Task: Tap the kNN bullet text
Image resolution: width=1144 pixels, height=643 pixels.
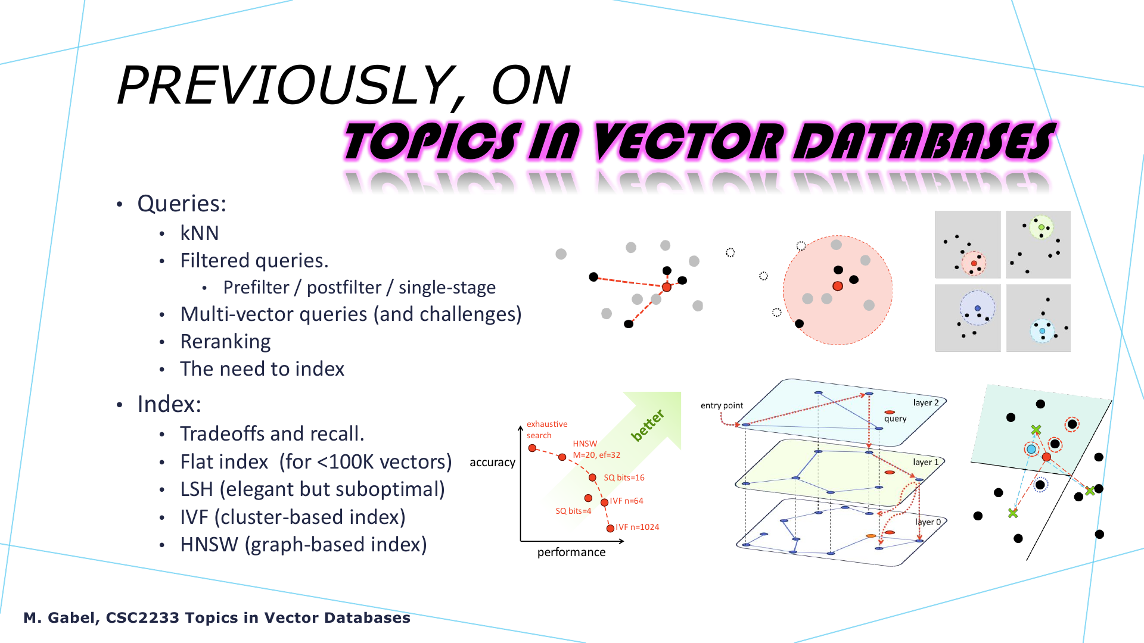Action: pyautogui.click(x=200, y=233)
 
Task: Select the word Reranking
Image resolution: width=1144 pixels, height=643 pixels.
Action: pyautogui.click(x=225, y=342)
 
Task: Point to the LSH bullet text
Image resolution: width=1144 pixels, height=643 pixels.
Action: pyautogui.click(x=312, y=489)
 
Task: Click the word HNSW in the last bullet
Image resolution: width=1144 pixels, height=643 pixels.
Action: pyautogui.click(x=209, y=545)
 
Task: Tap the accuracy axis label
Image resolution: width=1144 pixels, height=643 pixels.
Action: pyautogui.click(x=492, y=463)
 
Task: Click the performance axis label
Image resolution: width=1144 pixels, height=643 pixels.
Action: pyautogui.click(x=571, y=553)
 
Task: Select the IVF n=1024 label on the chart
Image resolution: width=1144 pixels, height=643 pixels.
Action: pyautogui.click(x=637, y=527)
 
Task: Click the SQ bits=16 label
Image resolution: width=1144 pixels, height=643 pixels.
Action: pyautogui.click(x=624, y=477)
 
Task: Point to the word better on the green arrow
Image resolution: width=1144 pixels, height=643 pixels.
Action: pyautogui.click(x=648, y=425)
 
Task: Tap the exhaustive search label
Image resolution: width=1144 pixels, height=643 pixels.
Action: pyautogui.click(x=546, y=429)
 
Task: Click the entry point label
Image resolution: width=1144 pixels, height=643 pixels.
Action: pyautogui.click(x=722, y=405)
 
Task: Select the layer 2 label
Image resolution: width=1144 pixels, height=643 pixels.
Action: pyautogui.click(x=926, y=402)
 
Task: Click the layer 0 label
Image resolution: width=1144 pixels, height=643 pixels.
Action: pyautogui.click(x=928, y=522)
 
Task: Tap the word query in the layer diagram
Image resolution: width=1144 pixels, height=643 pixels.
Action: pyautogui.click(x=895, y=419)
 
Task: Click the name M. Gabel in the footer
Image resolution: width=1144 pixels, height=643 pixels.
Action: pyautogui.click(x=59, y=618)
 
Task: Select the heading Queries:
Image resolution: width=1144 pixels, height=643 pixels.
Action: pyautogui.click(x=182, y=204)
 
